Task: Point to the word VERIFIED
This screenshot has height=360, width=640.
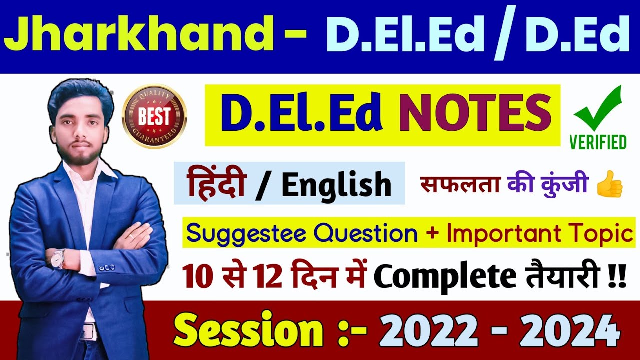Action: click(598, 142)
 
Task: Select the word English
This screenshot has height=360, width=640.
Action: click(336, 184)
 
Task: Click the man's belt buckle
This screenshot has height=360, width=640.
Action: click(89, 330)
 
